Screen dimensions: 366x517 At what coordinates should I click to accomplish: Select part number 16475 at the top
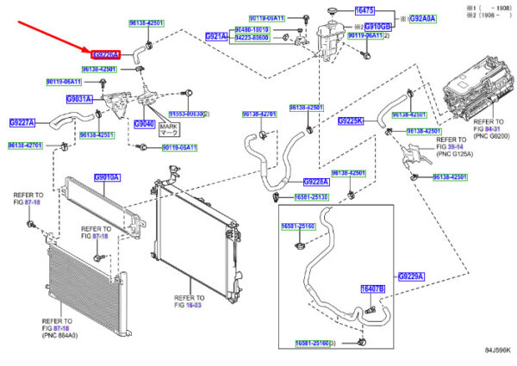coord(365,9)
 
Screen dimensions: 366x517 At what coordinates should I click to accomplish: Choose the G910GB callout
coord(377,27)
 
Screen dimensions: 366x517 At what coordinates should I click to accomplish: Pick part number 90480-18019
coord(252,29)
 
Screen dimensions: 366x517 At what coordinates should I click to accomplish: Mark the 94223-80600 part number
coord(253,37)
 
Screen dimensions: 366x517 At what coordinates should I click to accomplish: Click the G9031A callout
coord(80,98)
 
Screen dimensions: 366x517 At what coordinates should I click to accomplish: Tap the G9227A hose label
coord(22,122)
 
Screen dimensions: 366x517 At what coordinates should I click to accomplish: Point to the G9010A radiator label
coord(107,177)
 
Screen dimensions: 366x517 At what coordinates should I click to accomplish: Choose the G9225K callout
coord(352,121)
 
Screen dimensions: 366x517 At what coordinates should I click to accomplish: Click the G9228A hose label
coord(316,182)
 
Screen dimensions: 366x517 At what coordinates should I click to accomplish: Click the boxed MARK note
coord(167,128)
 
